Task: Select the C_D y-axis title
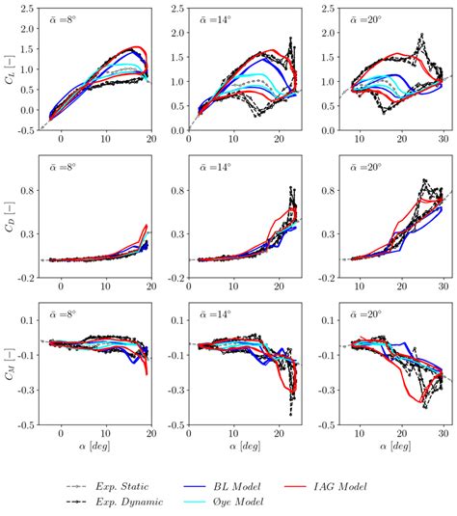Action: (x=11, y=217)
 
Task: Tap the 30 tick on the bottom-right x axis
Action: (x=440, y=434)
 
